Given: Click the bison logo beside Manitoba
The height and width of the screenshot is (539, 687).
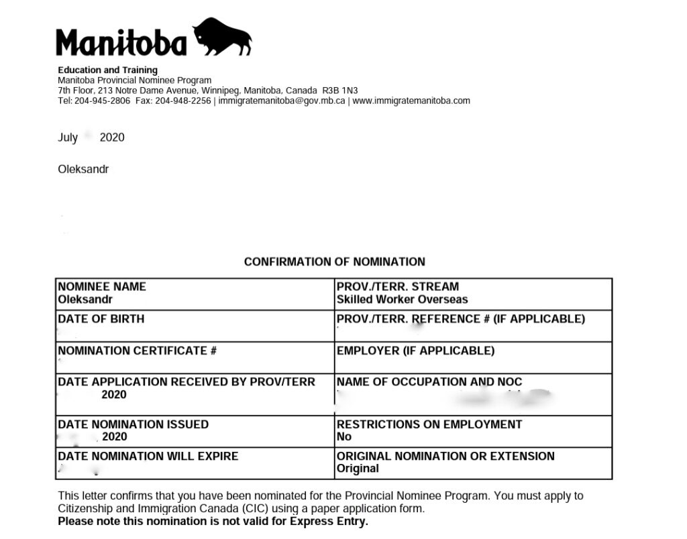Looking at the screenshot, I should pos(221,37).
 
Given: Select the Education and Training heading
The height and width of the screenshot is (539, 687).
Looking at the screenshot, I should pos(107,70).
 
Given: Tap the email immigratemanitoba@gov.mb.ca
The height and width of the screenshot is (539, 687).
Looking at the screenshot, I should pos(282,101).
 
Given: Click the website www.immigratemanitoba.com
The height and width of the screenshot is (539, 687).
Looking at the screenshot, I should pos(411,101).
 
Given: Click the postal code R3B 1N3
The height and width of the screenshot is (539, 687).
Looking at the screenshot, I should pos(340,91).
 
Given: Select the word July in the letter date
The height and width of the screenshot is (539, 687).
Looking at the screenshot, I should pos(68,137).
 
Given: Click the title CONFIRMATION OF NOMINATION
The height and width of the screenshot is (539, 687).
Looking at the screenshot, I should pos(334,261).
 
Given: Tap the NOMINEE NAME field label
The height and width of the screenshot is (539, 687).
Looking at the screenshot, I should pos(102,286).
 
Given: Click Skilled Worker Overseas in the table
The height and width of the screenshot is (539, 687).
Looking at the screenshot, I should pos(402,300).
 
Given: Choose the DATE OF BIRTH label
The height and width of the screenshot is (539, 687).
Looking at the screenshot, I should pos(101,318).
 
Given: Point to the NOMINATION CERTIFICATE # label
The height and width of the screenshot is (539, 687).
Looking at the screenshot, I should pos(137,351).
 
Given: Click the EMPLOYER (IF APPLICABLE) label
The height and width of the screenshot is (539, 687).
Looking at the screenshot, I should pos(415,351).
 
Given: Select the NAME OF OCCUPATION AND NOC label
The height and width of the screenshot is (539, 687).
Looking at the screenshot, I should pos(429,382).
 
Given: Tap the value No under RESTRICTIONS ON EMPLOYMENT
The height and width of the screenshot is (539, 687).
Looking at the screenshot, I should pos(343,437).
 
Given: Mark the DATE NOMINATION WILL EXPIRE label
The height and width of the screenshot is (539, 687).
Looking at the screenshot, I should pos(148,456).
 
